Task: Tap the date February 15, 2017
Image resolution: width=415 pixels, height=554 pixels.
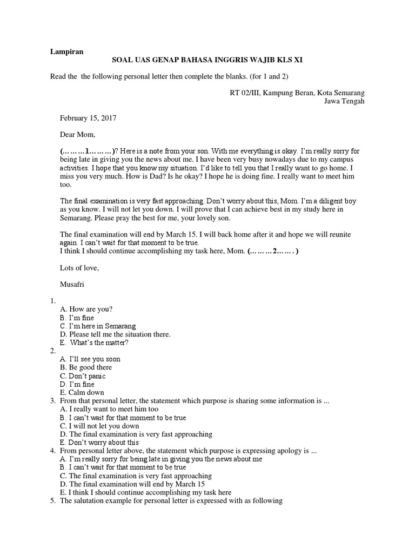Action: (89, 117)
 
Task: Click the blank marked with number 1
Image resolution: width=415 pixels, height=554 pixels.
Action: (87, 151)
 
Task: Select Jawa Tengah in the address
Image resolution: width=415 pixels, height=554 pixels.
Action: (344, 101)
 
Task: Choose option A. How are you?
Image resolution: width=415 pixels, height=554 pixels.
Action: (87, 309)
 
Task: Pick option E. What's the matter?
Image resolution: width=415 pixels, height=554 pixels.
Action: (95, 342)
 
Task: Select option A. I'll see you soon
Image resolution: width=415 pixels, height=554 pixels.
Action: (90, 359)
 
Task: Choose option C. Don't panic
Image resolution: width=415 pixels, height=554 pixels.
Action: (83, 376)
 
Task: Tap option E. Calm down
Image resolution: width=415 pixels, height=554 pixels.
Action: (82, 393)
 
